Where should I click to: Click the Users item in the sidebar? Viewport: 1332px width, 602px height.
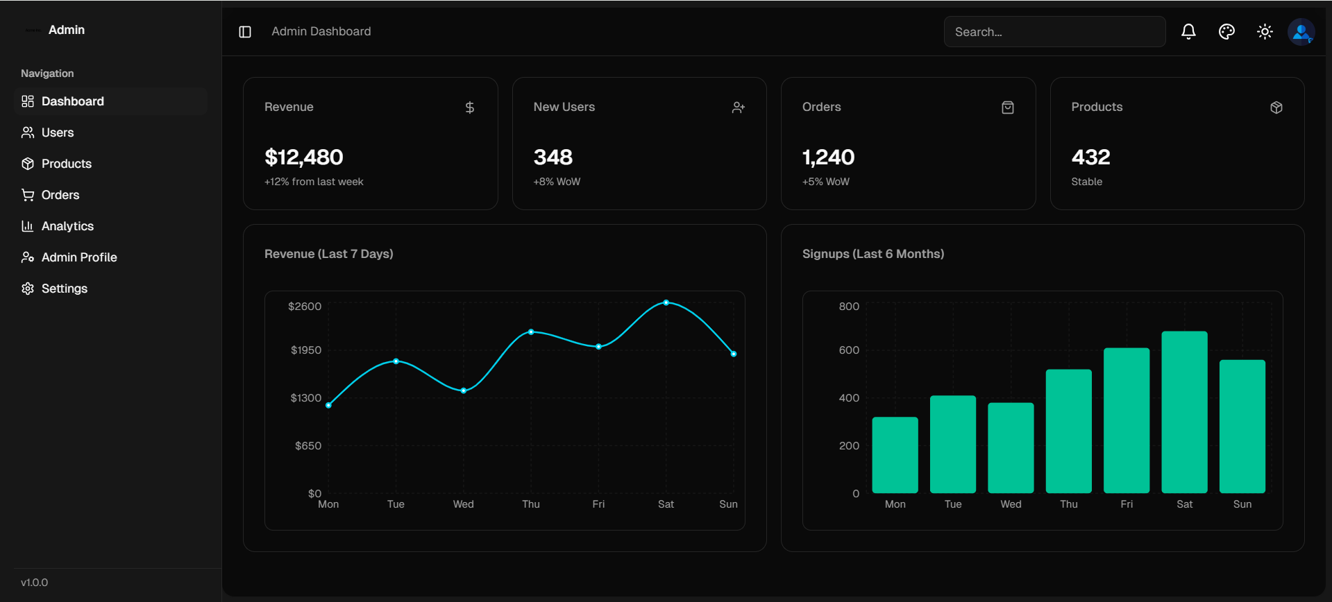tap(57, 132)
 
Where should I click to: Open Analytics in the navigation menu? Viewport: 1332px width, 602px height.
tap(67, 226)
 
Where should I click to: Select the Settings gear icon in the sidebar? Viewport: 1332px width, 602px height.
tap(28, 289)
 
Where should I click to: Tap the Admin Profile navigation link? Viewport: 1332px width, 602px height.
tap(78, 257)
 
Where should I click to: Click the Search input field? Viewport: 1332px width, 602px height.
tap(1054, 32)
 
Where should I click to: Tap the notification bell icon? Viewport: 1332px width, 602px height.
tap(1188, 32)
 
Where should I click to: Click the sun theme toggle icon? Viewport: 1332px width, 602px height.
tap(1265, 32)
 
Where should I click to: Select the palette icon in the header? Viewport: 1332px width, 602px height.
tap(1226, 32)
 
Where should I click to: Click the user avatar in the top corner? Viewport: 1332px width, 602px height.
tap(1301, 32)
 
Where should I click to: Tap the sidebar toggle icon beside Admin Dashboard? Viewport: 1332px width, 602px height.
tap(245, 32)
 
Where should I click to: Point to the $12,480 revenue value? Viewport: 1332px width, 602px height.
tap(304, 157)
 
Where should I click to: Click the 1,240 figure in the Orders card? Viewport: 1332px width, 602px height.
tap(828, 157)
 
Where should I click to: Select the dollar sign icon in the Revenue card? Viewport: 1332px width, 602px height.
tap(470, 108)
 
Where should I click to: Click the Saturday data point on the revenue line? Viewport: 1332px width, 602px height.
tap(666, 302)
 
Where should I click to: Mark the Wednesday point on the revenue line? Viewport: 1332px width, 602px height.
tap(464, 390)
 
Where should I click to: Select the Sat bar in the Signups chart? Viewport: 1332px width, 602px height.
tap(1184, 412)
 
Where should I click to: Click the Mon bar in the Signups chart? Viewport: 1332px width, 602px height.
tap(895, 455)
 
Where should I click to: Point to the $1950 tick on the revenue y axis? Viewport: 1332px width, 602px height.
tap(306, 350)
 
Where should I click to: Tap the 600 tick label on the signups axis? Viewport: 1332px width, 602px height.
tap(849, 350)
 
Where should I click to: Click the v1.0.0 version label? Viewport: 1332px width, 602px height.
tap(35, 583)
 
